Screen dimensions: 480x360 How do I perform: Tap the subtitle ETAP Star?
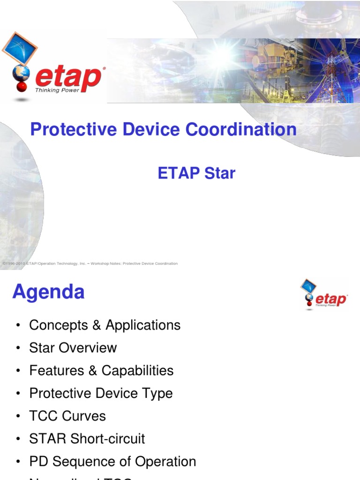(196, 173)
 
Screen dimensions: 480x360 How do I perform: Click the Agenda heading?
(48, 292)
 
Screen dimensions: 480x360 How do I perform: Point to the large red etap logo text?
(69, 78)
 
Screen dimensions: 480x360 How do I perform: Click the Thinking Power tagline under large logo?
(57, 90)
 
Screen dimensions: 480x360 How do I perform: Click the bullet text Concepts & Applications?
(105, 325)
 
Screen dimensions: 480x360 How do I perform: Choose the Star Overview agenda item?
(73, 348)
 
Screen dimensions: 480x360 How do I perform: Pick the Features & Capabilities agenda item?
(101, 371)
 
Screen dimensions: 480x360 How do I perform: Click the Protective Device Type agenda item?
(101, 393)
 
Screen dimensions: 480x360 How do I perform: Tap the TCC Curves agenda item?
(67, 416)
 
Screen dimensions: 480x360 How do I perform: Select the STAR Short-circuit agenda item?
(87, 439)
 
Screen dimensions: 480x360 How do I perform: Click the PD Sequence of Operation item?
(112, 462)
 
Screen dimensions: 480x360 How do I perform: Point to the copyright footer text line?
(90, 263)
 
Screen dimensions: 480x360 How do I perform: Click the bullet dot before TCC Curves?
(18, 417)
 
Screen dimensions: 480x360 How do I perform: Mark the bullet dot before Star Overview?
(18, 348)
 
